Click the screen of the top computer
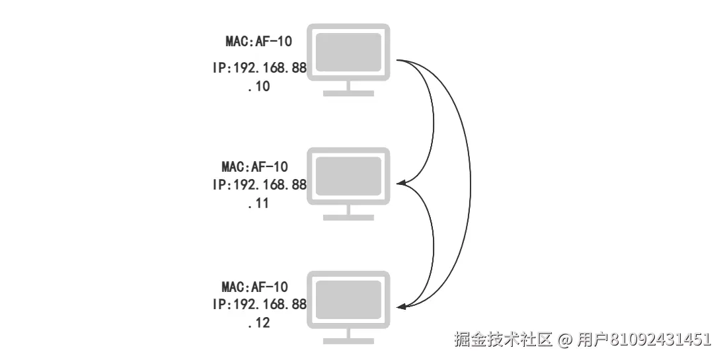[x=348, y=51]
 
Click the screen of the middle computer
[x=348, y=175]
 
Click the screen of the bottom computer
[x=348, y=299]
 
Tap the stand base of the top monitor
[x=348, y=93]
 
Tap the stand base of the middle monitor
[x=348, y=217]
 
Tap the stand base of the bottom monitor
[x=348, y=341]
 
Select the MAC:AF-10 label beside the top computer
[x=259, y=42]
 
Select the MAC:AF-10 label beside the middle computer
[x=255, y=166]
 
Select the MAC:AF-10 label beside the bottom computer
[x=255, y=287]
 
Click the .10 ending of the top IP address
[x=259, y=87]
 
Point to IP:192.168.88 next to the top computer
[x=260, y=68]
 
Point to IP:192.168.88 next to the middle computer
[x=260, y=185]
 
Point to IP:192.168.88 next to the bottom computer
[x=260, y=305]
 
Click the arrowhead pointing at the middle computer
[x=400, y=183]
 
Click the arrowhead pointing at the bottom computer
[x=400, y=306]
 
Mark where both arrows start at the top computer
[x=398, y=61]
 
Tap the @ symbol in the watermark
[x=564, y=340]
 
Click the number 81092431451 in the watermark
[x=660, y=340]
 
